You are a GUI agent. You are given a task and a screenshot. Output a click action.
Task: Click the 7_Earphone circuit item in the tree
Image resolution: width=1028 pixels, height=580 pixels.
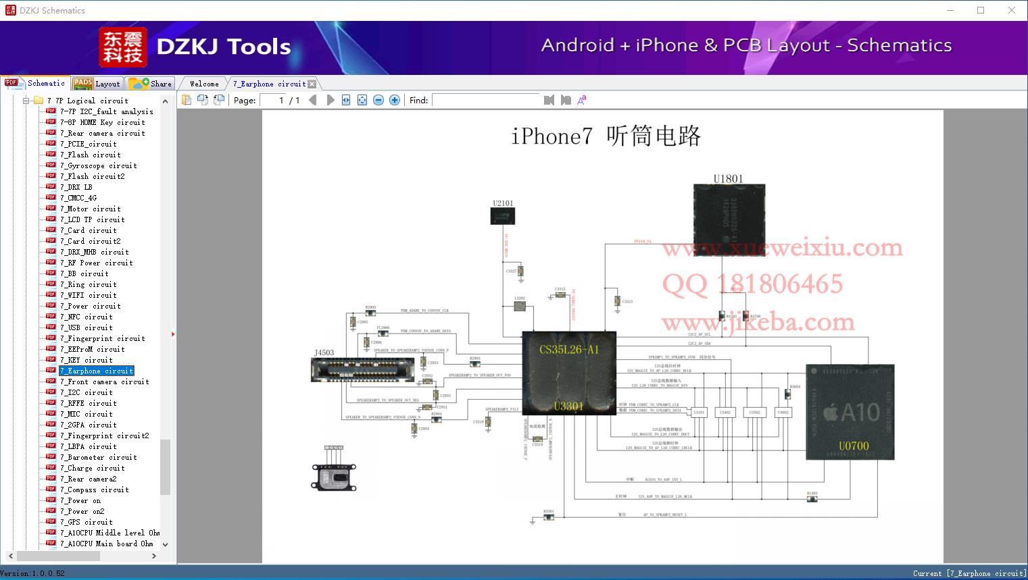[x=96, y=371]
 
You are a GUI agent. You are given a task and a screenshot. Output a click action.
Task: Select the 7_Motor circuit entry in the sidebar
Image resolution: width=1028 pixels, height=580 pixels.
[x=90, y=209]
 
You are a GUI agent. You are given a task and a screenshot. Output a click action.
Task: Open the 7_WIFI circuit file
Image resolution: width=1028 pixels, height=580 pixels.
[x=88, y=295]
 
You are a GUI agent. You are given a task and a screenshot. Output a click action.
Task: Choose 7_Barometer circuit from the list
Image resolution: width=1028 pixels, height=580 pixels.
[x=98, y=457]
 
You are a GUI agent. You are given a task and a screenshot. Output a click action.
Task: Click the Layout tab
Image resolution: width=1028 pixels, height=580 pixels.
[x=97, y=84]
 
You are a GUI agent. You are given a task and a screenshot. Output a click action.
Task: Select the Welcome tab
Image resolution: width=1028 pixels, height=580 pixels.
[x=204, y=84]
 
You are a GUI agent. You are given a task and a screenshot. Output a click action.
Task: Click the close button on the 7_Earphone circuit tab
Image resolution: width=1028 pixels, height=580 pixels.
[x=312, y=84]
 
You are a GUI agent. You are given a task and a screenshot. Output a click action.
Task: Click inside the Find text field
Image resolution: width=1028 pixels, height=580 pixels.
[x=486, y=100]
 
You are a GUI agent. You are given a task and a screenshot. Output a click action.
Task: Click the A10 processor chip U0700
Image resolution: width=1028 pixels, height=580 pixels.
[x=850, y=412]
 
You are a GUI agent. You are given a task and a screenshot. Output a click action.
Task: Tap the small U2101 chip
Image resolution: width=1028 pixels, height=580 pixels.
[x=502, y=215]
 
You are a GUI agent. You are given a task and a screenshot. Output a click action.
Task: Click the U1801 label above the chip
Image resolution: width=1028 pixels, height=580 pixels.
[x=728, y=179]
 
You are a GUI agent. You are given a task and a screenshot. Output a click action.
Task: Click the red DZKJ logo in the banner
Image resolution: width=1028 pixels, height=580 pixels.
[x=122, y=47]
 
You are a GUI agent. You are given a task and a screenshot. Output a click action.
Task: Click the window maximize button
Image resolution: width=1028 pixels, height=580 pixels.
[x=981, y=10]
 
